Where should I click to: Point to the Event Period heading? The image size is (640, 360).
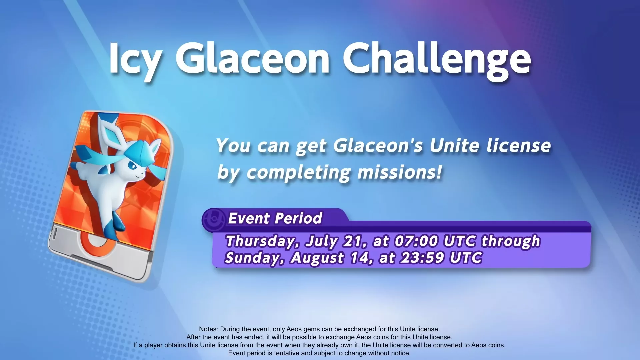(x=275, y=218)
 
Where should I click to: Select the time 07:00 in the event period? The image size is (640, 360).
(x=416, y=241)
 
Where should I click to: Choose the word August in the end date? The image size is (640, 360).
(x=317, y=258)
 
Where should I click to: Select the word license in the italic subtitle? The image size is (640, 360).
(x=519, y=146)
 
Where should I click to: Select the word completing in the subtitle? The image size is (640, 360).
(x=299, y=172)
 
